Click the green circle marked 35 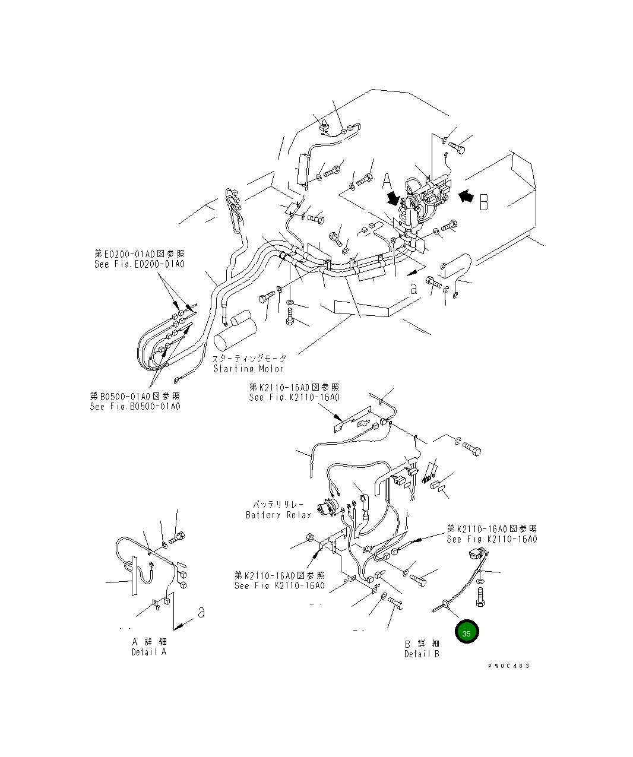coord(467,633)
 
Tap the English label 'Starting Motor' coord(249,369)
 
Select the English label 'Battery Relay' coord(278,515)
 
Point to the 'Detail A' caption coord(149,652)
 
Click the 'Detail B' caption coord(422,654)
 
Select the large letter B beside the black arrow coord(484,202)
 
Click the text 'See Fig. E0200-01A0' coord(140,264)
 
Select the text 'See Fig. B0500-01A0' coord(135,407)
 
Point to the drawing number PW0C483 coord(508,666)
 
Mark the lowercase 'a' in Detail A coord(201,612)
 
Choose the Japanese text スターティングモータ coord(249,359)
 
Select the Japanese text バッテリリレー coord(278,504)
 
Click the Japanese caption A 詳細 coord(149,642)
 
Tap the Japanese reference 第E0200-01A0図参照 coord(140,254)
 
